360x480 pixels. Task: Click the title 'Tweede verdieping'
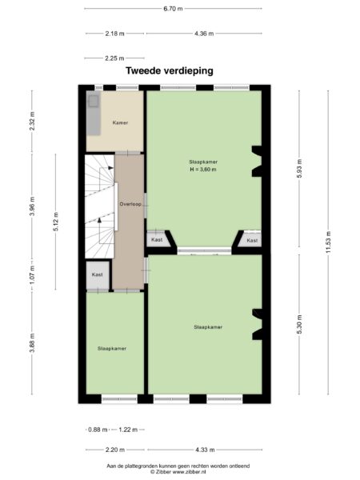[x=169, y=70]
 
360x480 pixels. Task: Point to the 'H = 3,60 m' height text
[x=202, y=170]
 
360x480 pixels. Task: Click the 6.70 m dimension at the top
[x=172, y=9]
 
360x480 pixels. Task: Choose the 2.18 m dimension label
[x=114, y=34]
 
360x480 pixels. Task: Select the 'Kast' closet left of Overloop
[x=98, y=274]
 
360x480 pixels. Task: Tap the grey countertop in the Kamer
[x=93, y=116]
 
